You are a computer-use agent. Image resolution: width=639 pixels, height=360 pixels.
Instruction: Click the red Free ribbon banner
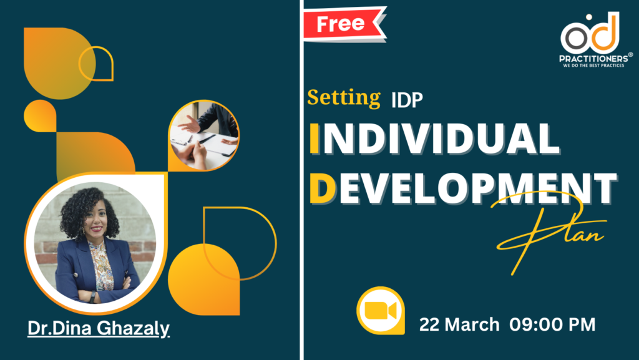(x=344, y=24)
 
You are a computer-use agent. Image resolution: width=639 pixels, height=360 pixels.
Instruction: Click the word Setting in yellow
(x=344, y=98)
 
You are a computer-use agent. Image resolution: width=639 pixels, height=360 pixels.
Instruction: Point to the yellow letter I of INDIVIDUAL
(x=315, y=139)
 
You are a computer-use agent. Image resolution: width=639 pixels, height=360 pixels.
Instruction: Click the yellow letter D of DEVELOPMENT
(x=323, y=188)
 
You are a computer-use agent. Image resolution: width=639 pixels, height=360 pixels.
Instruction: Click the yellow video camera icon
(x=381, y=311)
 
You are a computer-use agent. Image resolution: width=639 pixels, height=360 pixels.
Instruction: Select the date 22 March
(x=459, y=324)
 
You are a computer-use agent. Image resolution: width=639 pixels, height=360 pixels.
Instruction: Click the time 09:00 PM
(x=552, y=324)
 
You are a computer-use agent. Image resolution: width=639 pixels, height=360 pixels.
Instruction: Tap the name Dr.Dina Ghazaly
(x=98, y=328)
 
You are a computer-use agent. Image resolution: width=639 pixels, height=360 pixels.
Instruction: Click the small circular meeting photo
(x=204, y=135)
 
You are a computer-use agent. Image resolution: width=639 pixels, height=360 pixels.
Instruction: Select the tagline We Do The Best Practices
(x=593, y=65)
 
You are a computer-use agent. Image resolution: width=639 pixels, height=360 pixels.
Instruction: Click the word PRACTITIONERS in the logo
(x=594, y=59)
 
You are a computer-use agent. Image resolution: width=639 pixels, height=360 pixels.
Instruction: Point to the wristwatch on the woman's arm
(x=93, y=297)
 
